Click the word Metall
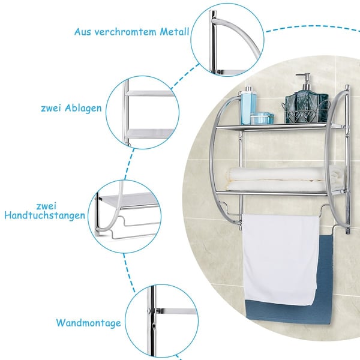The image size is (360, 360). tap(174, 31)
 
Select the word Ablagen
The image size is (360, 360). tap(83, 109)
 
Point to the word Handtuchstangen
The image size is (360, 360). tap(45, 215)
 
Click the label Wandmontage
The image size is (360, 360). tap(89, 323)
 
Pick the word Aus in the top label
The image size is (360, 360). tap(83, 32)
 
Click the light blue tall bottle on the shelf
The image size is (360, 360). tap(248, 105)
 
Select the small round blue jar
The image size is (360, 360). tap(262, 118)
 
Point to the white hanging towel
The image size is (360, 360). tap(281, 259)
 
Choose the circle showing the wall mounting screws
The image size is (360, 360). tap(161, 321)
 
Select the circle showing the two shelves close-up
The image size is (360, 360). tap(143, 113)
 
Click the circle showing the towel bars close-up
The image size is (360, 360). tap(124, 217)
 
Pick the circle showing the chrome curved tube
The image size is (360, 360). tap(227, 40)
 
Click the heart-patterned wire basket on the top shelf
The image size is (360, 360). tap(305, 112)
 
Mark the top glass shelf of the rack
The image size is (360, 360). tap(281, 126)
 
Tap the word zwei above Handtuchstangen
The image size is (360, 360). tap(46, 206)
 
